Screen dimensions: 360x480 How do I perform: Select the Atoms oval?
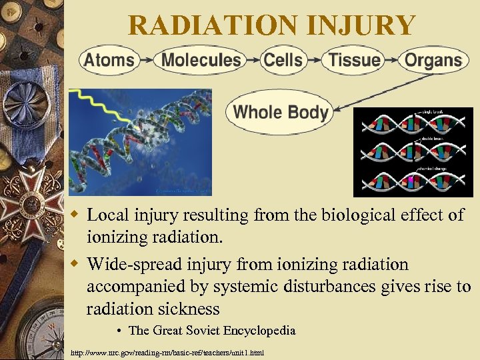[x=109, y=60]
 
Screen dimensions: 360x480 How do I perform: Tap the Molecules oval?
[x=201, y=60]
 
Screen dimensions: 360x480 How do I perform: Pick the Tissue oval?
[x=354, y=60]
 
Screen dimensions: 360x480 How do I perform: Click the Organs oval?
[x=433, y=60]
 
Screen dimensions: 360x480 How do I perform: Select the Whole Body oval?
[x=280, y=111]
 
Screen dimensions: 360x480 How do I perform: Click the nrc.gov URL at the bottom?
[x=167, y=352]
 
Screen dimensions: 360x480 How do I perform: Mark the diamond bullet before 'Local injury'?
[x=76, y=215]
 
